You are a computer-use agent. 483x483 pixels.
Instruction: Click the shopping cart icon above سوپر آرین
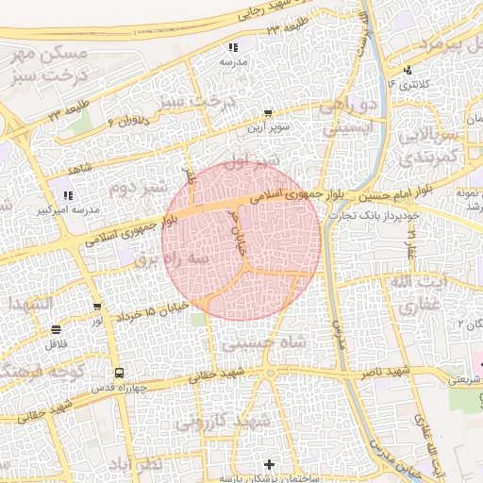tap(268, 112)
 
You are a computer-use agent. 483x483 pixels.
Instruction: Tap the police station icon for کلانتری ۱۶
tap(408, 71)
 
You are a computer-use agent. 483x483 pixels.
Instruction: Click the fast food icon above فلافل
tap(56, 330)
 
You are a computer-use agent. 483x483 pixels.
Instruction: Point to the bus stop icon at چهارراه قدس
tap(118, 374)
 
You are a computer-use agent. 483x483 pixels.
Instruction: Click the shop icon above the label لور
tap(98, 308)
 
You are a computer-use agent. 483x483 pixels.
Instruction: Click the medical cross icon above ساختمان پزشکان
tap(271, 464)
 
